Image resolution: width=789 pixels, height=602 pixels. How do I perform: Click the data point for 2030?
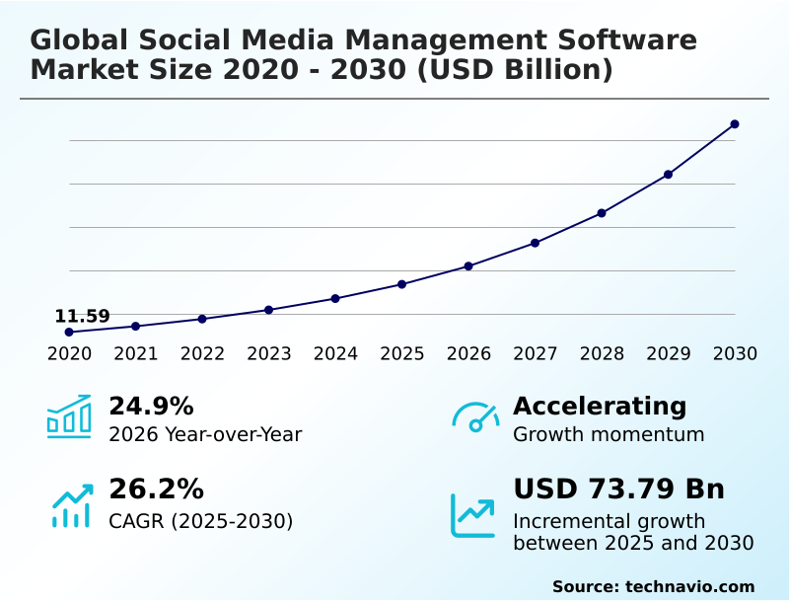point(735,124)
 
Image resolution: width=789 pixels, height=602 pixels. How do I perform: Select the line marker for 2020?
point(69,333)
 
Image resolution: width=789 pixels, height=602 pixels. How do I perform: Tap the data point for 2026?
point(468,266)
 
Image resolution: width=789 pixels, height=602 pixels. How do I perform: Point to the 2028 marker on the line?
point(602,213)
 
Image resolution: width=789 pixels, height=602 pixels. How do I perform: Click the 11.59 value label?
point(82,317)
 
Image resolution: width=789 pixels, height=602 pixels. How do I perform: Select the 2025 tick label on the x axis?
point(402,354)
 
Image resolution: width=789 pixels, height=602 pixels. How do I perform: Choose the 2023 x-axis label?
point(269,354)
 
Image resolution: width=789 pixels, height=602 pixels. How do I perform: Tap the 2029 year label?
point(669,354)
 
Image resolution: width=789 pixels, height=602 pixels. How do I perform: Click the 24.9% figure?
point(151,407)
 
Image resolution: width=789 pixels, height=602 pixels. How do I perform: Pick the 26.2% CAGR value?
point(156,489)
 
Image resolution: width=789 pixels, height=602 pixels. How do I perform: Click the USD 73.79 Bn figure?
point(618,489)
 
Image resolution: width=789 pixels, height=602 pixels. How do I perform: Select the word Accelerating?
point(600,407)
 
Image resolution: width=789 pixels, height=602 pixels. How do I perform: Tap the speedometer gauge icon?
point(475,417)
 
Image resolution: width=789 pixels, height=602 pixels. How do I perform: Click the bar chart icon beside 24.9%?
point(69,416)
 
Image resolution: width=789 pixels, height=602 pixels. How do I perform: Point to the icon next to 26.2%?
point(71,505)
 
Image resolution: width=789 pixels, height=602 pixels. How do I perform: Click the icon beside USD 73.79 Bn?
point(473,515)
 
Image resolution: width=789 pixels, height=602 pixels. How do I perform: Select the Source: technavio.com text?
point(653,586)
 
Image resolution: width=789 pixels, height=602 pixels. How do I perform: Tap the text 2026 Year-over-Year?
point(205,435)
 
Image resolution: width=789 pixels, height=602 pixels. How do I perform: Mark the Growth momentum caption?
point(609,435)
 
